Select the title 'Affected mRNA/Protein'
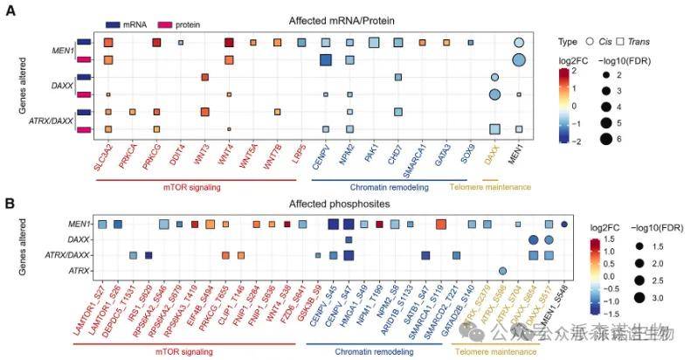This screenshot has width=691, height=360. coord(329,20)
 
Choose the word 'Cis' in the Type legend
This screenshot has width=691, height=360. coord(604,42)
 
